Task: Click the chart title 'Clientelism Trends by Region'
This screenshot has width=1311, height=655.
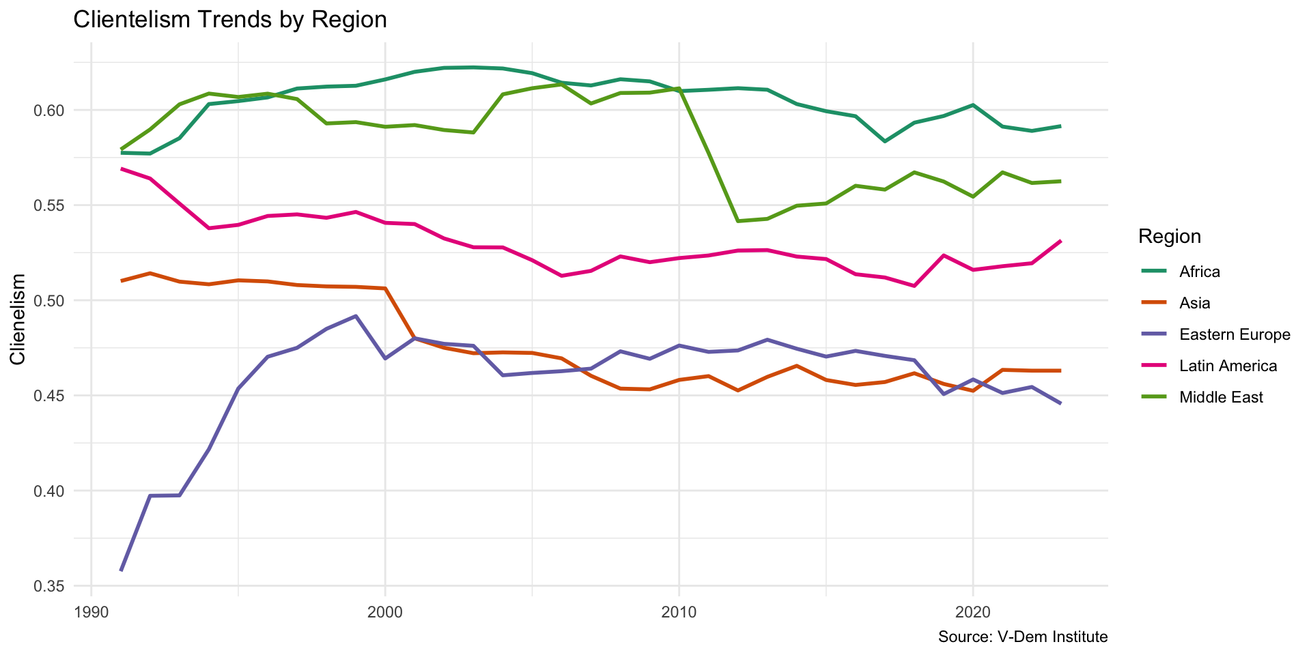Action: [229, 20]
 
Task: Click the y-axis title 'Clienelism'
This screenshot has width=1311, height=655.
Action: [18, 319]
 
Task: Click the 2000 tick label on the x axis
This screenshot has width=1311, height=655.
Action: [385, 611]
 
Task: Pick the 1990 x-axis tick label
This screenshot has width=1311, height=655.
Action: [91, 611]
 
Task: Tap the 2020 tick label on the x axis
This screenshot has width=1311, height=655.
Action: [972, 611]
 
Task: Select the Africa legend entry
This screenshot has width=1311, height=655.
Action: [1199, 272]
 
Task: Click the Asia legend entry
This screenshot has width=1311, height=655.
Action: [1194, 303]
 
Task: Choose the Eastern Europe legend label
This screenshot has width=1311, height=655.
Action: [1234, 334]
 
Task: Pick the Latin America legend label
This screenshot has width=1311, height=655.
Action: [1228, 366]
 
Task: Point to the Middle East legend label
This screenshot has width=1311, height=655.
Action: [1221, 397]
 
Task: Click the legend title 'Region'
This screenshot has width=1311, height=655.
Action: [1170, 237]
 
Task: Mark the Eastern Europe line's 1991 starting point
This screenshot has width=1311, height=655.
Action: [121, 570]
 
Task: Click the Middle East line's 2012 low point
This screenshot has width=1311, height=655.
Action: [738, 221]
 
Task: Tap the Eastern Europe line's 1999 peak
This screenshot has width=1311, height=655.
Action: [356, 316]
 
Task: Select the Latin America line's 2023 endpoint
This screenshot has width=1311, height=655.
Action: [1060, 241]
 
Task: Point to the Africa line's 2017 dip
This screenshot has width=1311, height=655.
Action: [885, 141]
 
